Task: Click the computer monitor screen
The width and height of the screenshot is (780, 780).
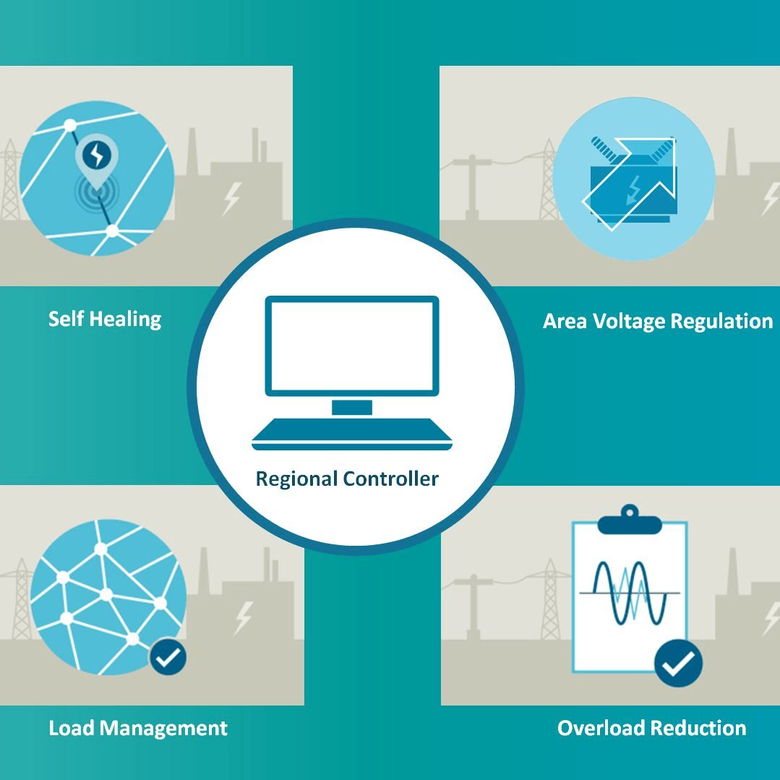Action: (x=352, y=346)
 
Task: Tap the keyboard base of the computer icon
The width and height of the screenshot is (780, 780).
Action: (x=352, y=434)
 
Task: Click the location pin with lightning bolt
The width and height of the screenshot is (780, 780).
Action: (x=96, y=155)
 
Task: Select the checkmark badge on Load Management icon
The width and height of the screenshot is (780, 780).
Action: (x=168, y=657)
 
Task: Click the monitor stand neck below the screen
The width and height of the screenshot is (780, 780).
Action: (x=352, y=407)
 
